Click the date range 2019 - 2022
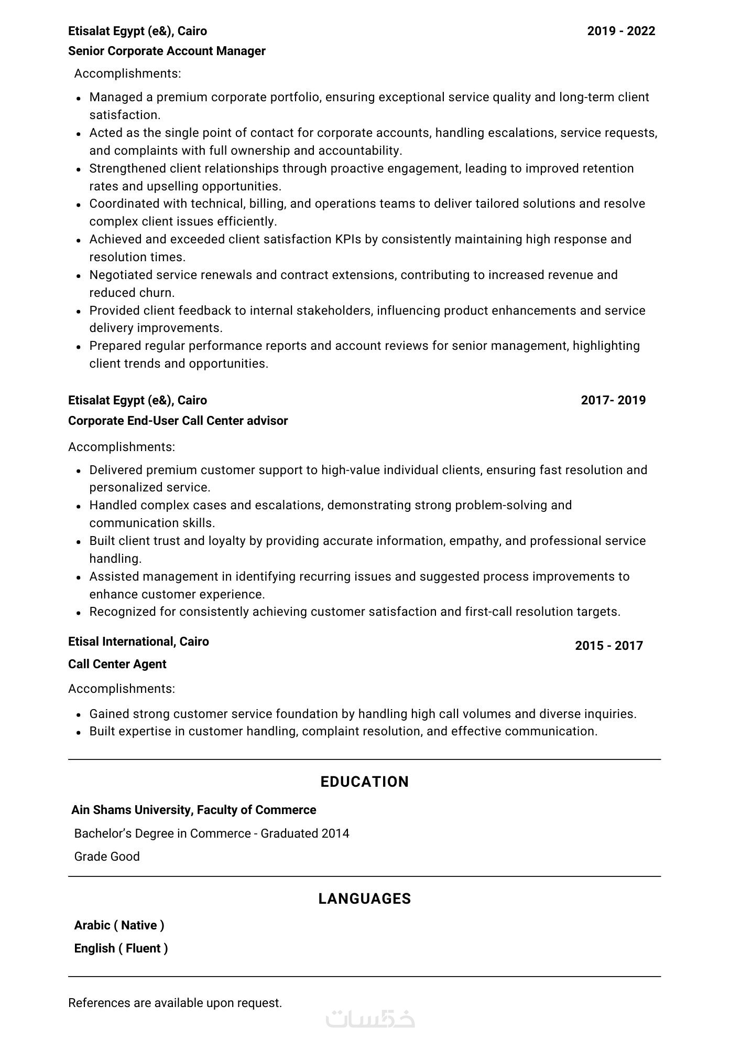[621, 31]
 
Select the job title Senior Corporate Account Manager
[167, 51]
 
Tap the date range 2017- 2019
[613, 400]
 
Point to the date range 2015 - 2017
[608, 646]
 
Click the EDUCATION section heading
[364, 782]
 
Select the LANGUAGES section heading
[364, 898]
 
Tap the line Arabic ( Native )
[119, 925]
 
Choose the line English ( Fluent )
[121, 948]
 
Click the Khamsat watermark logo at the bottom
[370, 1019]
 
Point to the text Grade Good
[107, 857]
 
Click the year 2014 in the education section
[336, 833]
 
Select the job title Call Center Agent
[117, 664]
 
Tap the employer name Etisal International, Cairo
[138, 641]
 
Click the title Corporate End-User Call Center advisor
[178, 421]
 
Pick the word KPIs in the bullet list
[348, 239]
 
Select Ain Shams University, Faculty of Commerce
[193, 810]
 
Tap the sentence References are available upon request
[175, 1003]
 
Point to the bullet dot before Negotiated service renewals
[78, 276]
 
